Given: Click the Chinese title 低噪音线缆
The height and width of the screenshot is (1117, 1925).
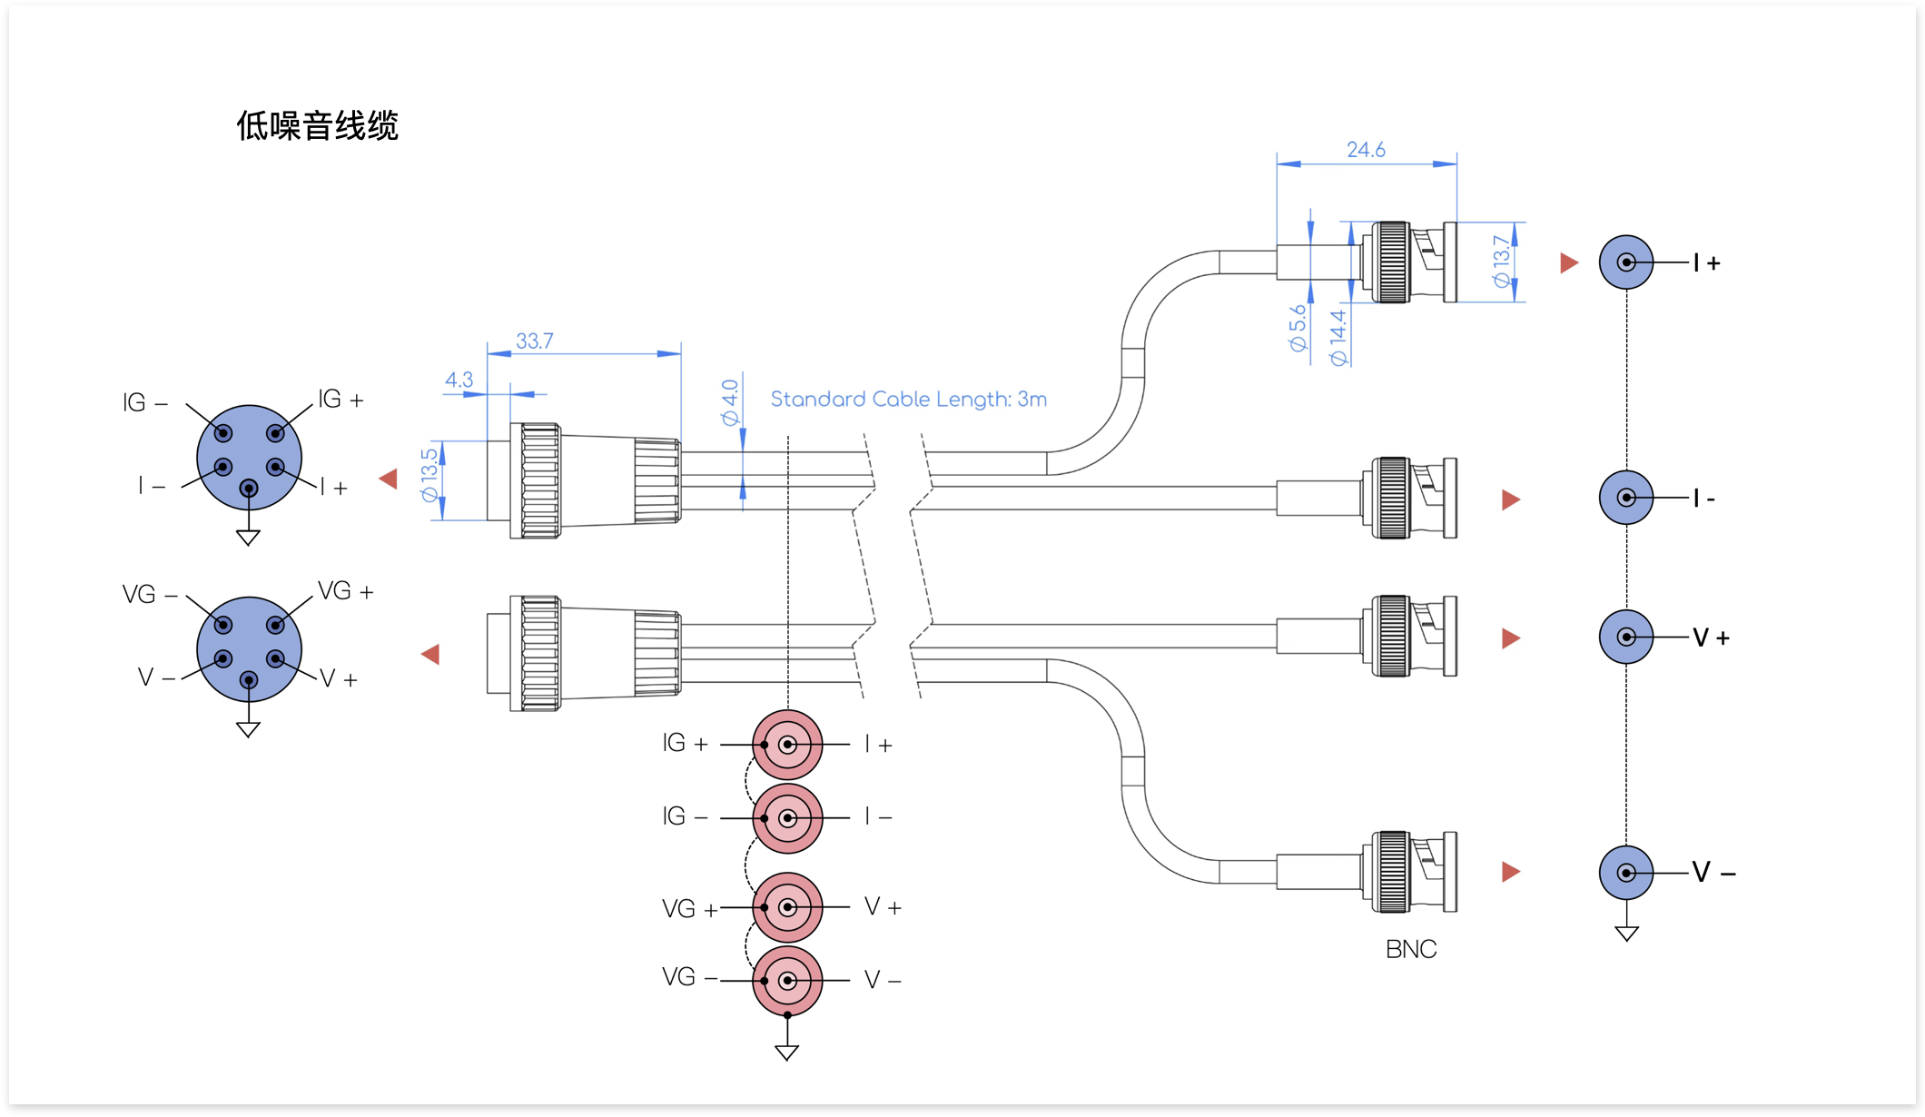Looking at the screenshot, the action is pos(317,125).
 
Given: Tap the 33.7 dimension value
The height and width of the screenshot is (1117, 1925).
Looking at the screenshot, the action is pos(535,341).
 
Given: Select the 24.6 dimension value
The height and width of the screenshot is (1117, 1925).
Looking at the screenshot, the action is pos(1366,149).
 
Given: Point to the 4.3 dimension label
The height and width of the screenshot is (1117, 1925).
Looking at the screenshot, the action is pos(459,380).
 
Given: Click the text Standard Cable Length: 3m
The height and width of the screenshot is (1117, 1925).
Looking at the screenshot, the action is pos(908,399).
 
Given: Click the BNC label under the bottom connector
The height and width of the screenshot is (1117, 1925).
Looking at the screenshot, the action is pos(1411,949).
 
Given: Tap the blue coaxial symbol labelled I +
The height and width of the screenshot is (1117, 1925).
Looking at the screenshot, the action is pos(1626,262).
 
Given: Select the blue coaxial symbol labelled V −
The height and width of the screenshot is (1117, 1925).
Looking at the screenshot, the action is pos(1626,873).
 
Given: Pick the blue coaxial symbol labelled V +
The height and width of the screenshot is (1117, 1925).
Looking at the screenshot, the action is pos(1626,637).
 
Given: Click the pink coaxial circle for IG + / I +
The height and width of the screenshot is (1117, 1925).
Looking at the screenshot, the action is pos(787,745).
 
